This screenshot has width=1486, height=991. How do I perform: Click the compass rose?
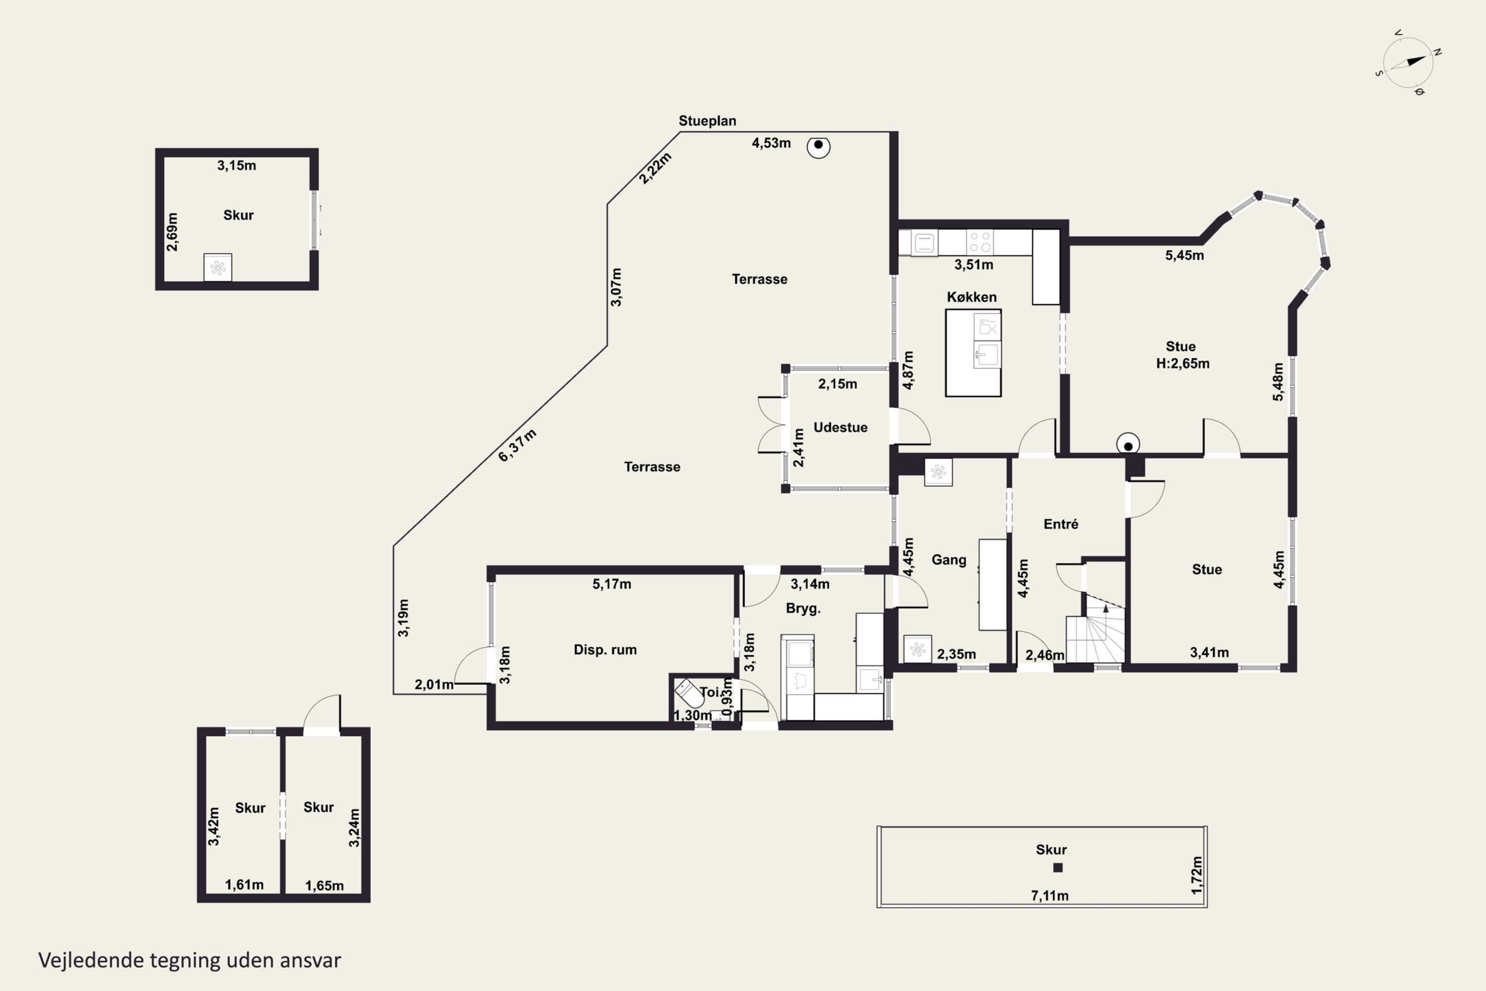coord(1408,62)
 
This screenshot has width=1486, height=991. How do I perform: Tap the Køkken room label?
coord(972,297)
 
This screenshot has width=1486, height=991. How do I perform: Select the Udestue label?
coord(840,427)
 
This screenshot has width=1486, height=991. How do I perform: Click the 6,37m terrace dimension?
coord(518,445)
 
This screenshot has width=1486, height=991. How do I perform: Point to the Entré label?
coord(1061,524)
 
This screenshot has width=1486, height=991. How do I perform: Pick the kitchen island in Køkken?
coord(973,353)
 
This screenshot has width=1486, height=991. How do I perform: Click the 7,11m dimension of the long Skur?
coord(1050,895)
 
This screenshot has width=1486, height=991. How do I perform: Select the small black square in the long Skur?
coord(1058,868)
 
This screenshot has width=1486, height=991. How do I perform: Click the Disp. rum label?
coord(605,650)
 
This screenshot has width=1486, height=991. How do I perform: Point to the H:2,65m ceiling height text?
coord(1183,363)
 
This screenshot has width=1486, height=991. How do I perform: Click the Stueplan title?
coord(707,121)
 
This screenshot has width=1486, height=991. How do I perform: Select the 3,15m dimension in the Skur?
coord(236,165)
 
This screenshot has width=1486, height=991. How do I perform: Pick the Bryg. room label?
coord(803,608)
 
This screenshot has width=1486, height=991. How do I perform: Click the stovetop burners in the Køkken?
coord(980,242)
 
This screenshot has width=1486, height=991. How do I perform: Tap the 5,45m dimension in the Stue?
coord(1185,255)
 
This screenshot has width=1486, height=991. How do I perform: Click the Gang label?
coord(949,560)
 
